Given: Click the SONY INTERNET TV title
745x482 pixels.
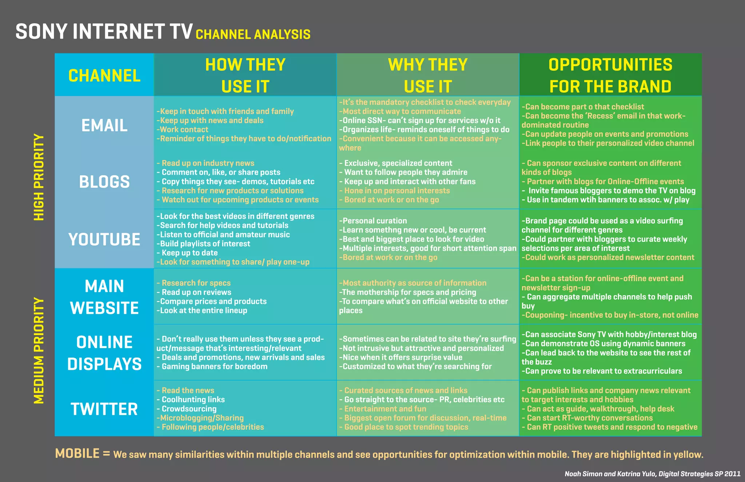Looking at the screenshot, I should point(104,32).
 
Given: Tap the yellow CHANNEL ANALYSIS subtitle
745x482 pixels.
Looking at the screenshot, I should point(253,35).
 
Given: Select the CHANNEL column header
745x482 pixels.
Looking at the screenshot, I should point(104,76).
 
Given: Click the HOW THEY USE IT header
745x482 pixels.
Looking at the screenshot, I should point(245,75).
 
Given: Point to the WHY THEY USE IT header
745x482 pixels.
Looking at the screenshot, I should point(428,75).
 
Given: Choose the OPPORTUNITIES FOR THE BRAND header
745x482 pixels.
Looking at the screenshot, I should point(610,75).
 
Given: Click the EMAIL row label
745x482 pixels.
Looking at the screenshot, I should point(104,126).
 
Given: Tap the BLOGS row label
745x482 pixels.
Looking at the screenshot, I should point(104,182).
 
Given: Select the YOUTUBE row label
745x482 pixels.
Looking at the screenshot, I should point(104,239).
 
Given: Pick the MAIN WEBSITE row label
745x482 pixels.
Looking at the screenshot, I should point(104,297).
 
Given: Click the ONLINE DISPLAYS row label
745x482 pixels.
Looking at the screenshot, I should point(104,353).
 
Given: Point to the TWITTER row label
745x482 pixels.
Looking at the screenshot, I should point(104,409).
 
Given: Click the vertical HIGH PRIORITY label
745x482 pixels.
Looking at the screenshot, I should point(39,177).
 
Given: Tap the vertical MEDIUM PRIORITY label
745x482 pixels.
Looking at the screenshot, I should point(39,351).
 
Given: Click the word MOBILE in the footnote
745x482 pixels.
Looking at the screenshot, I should point(77,454).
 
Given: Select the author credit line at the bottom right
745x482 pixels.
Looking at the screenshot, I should point(652,474).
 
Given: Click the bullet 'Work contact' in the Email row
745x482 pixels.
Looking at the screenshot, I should point(184,130).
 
